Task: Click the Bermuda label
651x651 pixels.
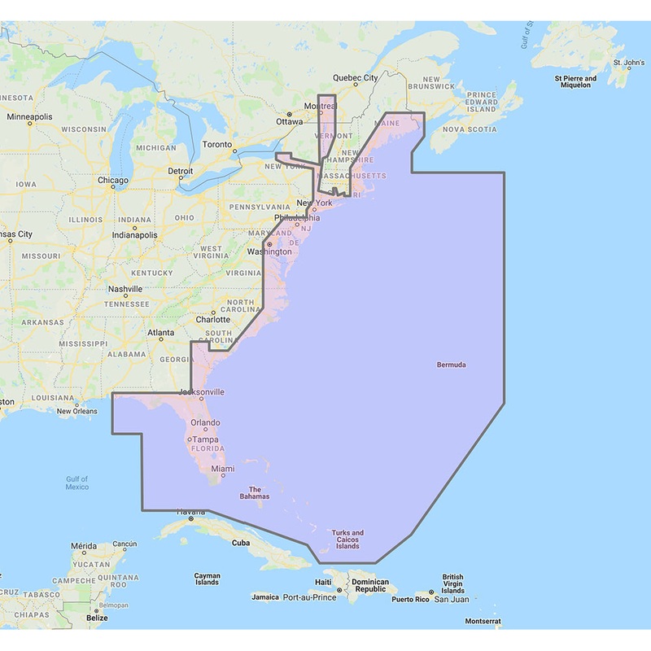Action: click(x=452, y=365)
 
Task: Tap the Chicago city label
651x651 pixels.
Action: click(x=113, y=180)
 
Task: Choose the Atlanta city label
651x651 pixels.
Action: click(x=160, y=333)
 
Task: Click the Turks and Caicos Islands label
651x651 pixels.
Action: click(x=347, y=539)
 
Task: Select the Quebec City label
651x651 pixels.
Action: click(x=356, y=78)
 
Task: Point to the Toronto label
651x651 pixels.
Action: click(x=217, y=145)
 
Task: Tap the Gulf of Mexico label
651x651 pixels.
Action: click(x=77, y=483)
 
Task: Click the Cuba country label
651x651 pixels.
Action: click(x=241, y=542)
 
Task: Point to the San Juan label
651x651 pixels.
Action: click(x=451, y=599)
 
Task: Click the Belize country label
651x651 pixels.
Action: click(x=97, y=618)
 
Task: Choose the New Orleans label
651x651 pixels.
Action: click(x=77, y=411)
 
